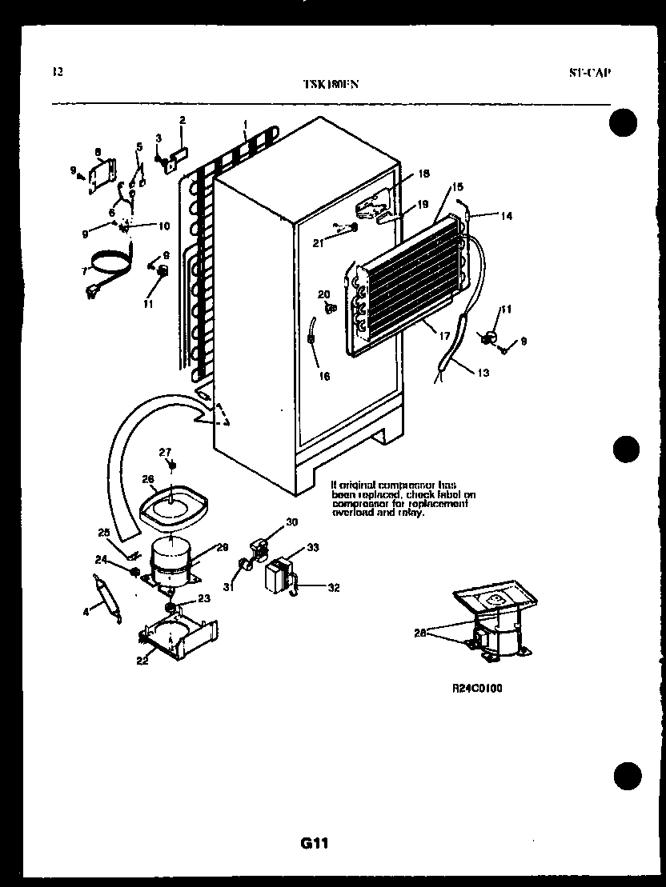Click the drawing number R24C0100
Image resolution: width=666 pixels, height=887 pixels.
point(476,687)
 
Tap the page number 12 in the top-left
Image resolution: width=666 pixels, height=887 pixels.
point(57,71)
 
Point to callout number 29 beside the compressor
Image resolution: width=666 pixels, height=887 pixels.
point(223,546)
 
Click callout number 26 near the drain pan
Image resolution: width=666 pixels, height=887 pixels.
point(148,479)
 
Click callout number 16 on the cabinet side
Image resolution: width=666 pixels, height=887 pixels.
point(324,376)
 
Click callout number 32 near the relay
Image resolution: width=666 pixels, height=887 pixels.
point(334,588)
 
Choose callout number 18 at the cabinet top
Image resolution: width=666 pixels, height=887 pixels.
point(423,174)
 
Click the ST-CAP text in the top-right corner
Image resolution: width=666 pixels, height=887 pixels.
point(591,72)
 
